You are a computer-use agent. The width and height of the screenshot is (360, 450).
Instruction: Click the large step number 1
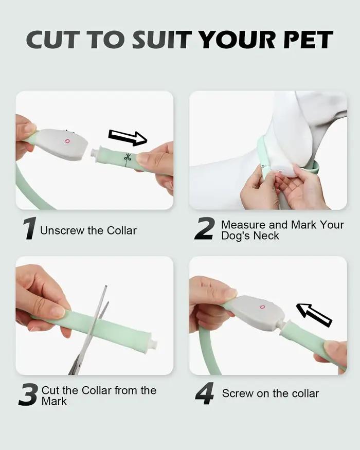pyautogui.click(x=29, y=228)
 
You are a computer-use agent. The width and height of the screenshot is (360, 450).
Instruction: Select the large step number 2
pyautogui.click(x=204, y=228)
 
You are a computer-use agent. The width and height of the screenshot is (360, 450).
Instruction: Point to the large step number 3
pyautogui.click(x=28, y=394)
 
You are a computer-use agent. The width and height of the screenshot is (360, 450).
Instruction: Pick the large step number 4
pyautogui.click(x=204, y=393)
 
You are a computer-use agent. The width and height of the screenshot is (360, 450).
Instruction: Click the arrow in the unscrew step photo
pyautogui.click(x=128, y=137)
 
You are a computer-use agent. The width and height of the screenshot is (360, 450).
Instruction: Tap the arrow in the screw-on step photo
pyautogui.click(x=314, y=314)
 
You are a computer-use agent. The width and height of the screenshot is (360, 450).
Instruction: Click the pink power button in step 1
pyautogui.click(x=67, y=141)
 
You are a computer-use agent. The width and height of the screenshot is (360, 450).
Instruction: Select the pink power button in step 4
pyautogui.click(x=261, y=307)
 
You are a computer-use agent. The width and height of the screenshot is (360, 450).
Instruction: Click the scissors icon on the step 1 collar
pyautogui.click(x=127, y=157)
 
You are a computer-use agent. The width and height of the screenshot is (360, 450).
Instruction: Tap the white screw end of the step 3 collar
pyautogui.click(x=154, y=343)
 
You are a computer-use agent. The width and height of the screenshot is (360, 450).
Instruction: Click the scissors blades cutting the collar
pyautogui.click(x=92, y=330)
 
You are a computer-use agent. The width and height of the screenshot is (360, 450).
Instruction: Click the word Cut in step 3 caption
pyautogui.click(x=50, y=390)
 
